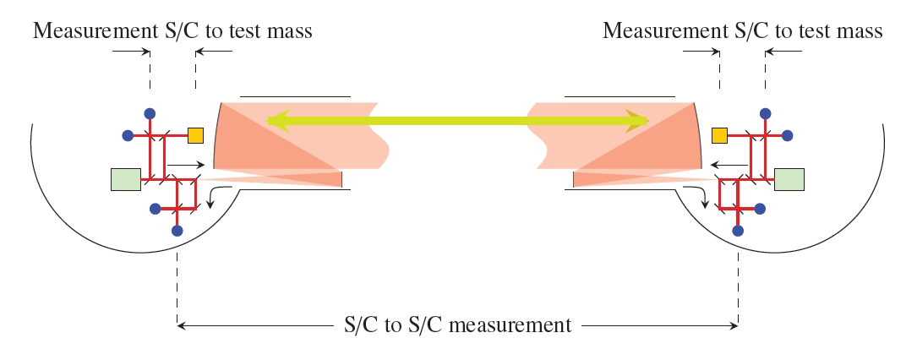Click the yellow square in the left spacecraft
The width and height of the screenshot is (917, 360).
195,135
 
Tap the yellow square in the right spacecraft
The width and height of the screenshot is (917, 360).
720,135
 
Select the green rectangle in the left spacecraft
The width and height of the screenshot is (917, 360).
125,179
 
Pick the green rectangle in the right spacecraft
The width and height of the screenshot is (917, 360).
789,179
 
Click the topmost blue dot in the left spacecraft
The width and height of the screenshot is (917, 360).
150,113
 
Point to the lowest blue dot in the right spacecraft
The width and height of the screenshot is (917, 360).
738,230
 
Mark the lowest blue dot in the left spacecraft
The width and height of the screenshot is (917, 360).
177,230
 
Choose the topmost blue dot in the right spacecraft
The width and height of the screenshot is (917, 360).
765,113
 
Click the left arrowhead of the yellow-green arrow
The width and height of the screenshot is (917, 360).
273,122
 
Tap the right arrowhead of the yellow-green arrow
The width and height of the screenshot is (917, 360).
641,122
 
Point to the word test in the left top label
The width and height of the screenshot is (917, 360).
254,31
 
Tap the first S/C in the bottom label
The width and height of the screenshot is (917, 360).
363,325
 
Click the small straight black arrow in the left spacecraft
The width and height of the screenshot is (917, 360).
186,163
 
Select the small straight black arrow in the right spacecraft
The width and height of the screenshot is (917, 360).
729,163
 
